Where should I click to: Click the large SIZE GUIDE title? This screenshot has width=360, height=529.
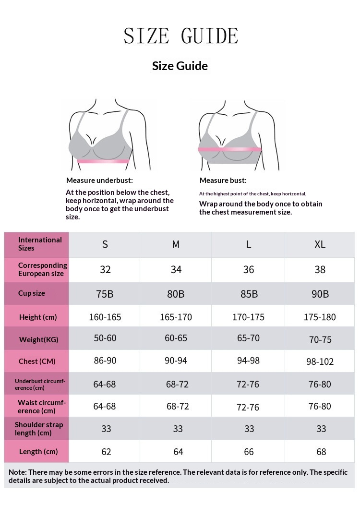coord(180,36)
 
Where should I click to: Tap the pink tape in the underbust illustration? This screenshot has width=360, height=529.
coord(104,162)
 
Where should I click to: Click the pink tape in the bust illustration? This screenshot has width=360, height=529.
coord(230,150)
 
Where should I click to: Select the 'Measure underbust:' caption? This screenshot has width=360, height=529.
coord(99,180)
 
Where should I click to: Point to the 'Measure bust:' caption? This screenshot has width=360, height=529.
coord(223,180)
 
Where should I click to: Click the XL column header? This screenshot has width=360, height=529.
coord(320,244)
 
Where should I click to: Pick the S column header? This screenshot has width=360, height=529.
coord(105,244)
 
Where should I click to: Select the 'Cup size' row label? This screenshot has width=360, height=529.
coord(32,293)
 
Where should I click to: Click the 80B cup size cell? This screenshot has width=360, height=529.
coord(176,294)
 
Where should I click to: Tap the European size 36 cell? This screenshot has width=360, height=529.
coord(249,270)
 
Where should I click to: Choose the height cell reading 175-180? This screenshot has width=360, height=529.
coord(320,317)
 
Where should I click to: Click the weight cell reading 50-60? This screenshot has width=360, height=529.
coord(105,338)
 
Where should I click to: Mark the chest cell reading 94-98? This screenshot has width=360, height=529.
coord(248,361)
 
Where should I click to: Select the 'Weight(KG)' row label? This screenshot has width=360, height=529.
coord(38,339)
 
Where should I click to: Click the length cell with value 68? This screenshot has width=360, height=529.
coord(321,452)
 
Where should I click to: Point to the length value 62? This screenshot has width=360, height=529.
coord(106,452)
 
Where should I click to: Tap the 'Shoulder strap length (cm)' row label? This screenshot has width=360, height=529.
coord(38,429)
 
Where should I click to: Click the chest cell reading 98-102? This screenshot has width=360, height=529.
coord(320,361)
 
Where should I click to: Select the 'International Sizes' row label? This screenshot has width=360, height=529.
coord(40,244)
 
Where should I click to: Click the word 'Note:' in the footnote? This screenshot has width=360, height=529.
coord(17,472)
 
